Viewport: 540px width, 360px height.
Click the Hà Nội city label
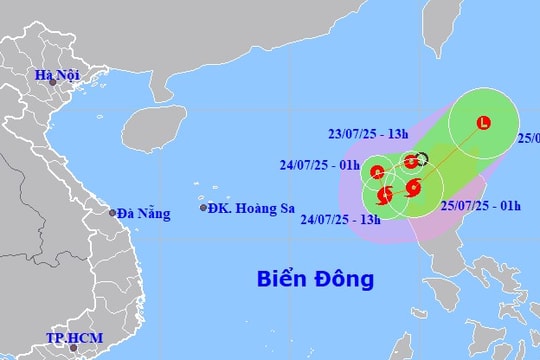coord(56,75)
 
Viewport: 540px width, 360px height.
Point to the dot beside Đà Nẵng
coord(112,212)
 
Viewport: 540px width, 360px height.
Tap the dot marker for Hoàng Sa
coord(204,208)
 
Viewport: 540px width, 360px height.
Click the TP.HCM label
coord(71,338)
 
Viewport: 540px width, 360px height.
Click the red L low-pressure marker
coord(484,124)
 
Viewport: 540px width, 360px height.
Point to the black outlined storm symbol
coord(421,157)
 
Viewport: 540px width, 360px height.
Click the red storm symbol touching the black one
coord(410,162)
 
